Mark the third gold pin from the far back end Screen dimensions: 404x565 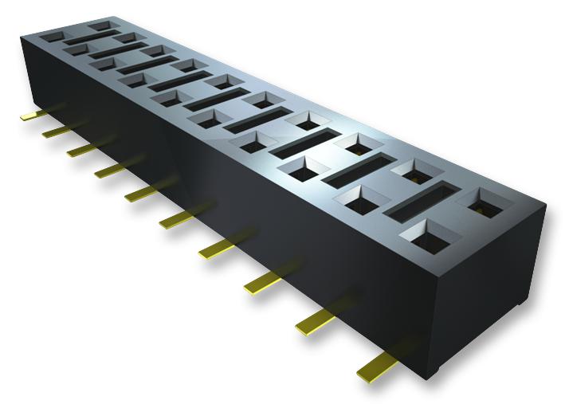80,148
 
